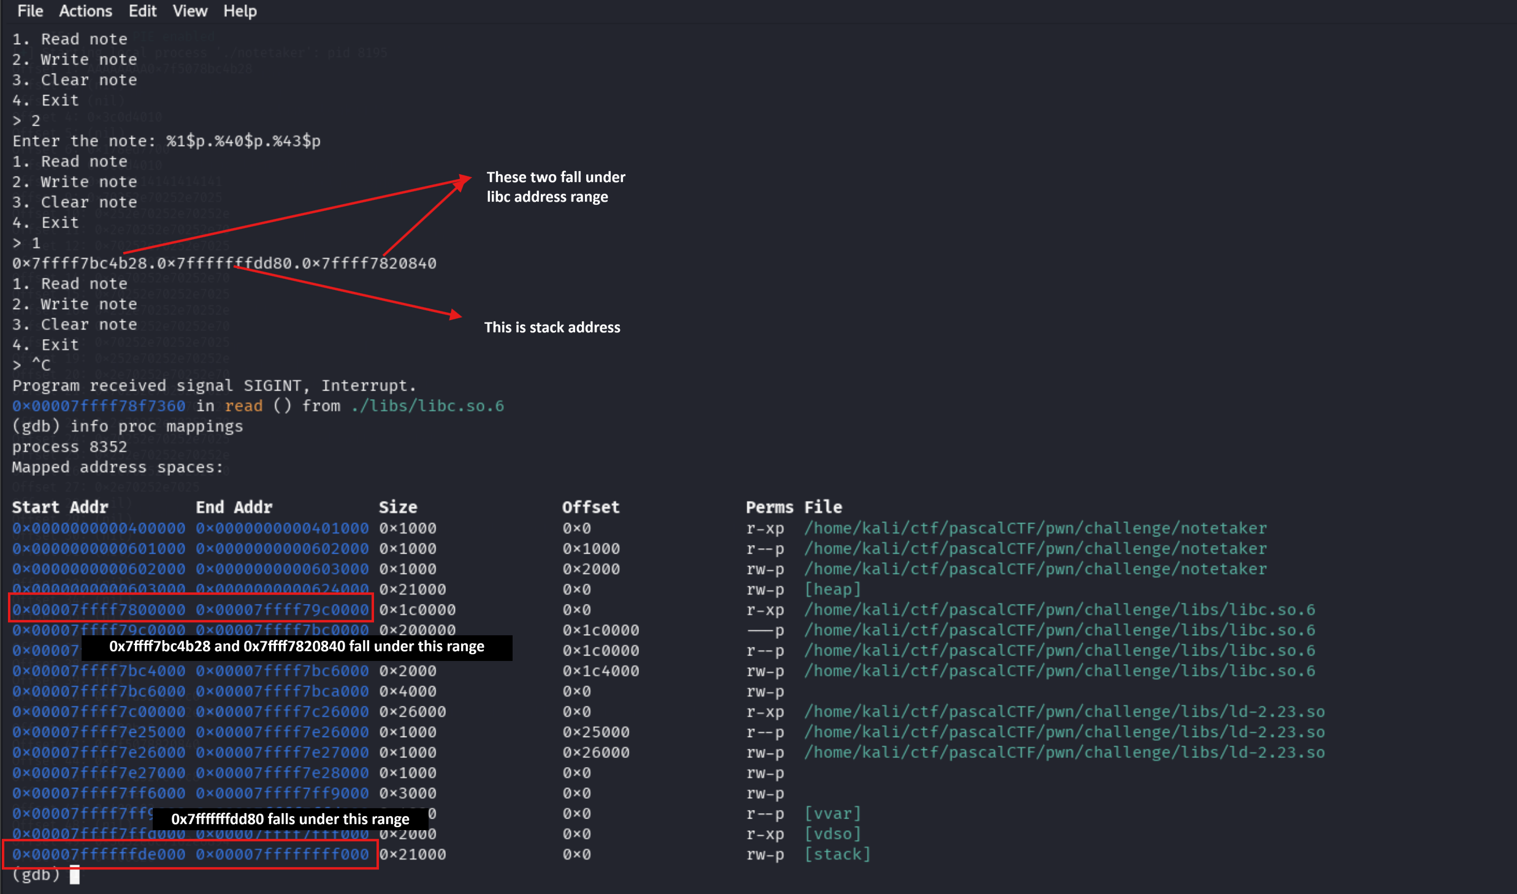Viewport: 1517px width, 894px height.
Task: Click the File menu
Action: [x=30, y=11]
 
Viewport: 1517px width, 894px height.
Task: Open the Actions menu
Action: [x=85, y=11]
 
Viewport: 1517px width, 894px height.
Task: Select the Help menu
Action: [x=240, y=11]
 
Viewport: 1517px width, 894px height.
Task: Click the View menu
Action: [x=189, y=11]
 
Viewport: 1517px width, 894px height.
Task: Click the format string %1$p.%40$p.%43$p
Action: [x=243, y=141]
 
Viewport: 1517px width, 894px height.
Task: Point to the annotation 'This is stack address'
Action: [x=552, y=327]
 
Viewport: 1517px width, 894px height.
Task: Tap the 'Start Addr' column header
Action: [x=60, y=507]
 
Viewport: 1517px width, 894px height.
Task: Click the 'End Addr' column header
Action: [x=234, y=507]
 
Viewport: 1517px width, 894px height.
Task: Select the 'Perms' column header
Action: [x=769, y=507]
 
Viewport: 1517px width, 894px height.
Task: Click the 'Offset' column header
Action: [x=590, y=507]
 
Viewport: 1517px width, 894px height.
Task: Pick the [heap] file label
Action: [x=833, y=589]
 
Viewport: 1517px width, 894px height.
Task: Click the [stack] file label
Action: [x=837, y=854]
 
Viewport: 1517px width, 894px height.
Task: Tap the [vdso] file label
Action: [x=833, y=834]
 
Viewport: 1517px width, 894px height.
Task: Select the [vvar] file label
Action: [x=833, y=814]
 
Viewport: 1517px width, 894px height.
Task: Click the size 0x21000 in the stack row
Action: [x=413, y=854]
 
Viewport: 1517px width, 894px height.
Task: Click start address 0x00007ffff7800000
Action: [x=99, y=610]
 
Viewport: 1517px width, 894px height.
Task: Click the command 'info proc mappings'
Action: [x=156, y=427]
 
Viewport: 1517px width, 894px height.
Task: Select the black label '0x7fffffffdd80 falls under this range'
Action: [x=290, y=819]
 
